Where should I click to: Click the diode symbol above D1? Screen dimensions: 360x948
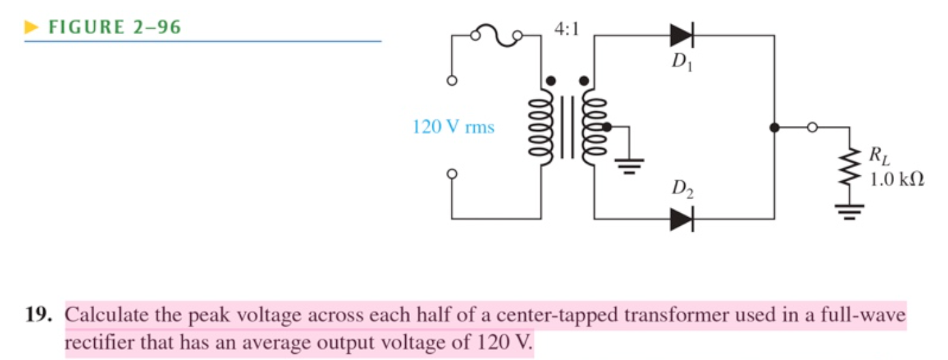pos(681,34)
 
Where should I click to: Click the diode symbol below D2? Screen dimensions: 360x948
pos(681,219)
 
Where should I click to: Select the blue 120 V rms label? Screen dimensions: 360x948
pos(454,127)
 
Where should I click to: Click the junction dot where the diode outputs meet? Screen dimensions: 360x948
pos(774,127)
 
